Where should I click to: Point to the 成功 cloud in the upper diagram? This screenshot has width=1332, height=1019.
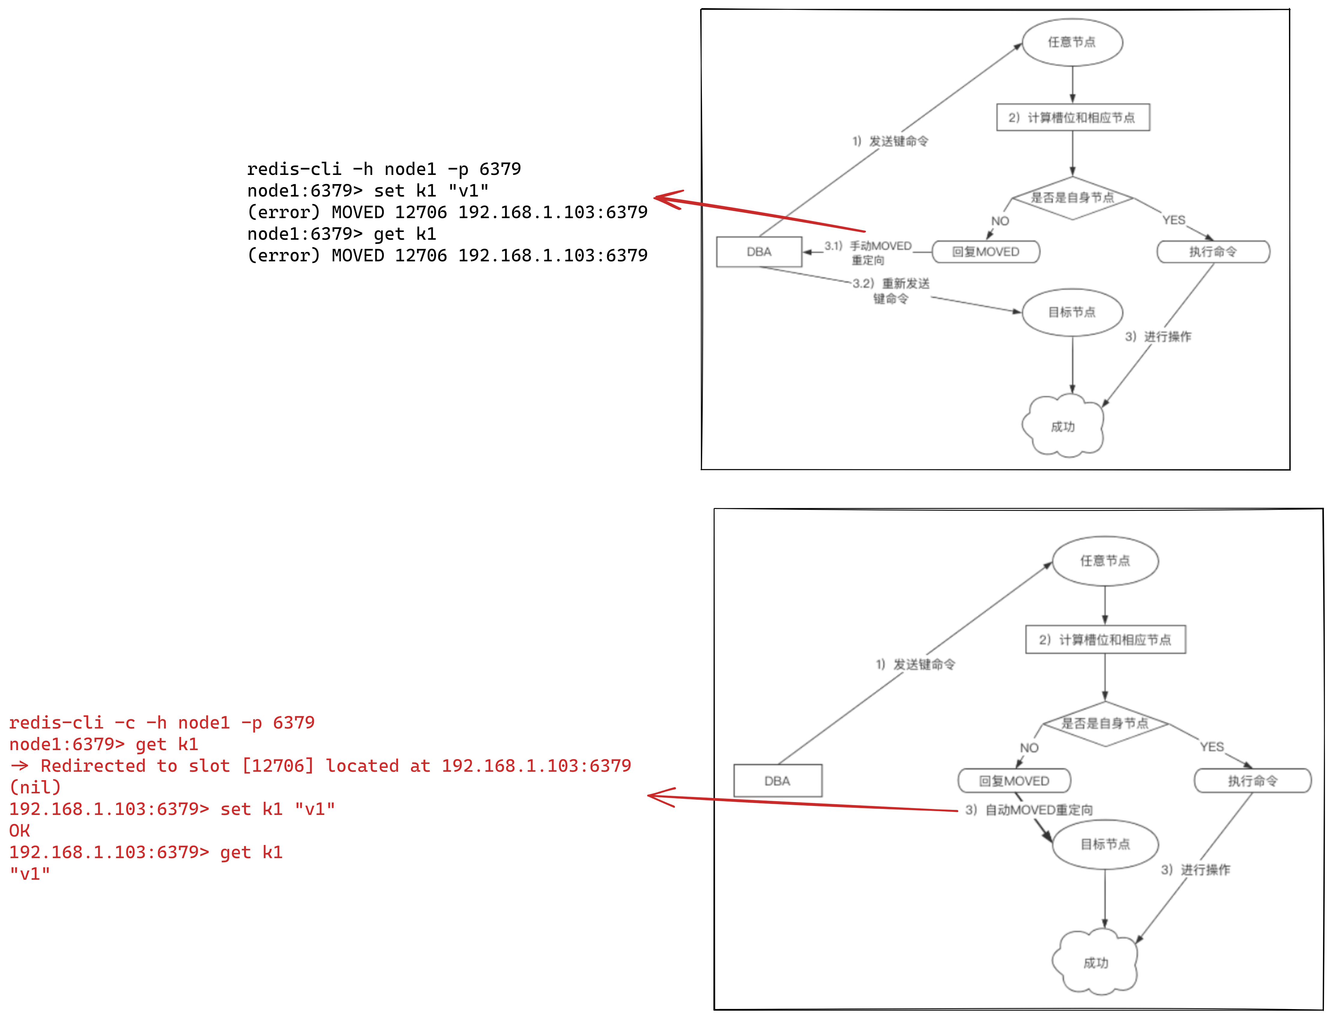click(1062, 426)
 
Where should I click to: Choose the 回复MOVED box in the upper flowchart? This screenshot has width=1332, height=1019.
click(986, 252)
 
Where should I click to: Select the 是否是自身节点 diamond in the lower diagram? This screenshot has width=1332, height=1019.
click(1105, 724)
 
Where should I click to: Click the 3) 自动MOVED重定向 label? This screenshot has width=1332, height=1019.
click(1029, 810)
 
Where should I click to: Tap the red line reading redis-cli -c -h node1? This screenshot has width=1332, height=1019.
click(162, 723)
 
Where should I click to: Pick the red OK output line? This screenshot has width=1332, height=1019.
click(20, 830)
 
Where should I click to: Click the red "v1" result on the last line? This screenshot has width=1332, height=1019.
click(30, 873)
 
